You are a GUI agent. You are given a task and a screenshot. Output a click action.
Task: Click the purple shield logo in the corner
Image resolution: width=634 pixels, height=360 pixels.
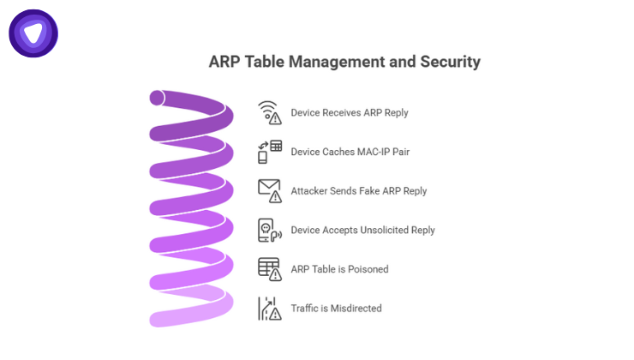coord(33,33)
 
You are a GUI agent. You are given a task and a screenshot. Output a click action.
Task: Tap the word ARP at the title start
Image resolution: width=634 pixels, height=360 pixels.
coord(225,62)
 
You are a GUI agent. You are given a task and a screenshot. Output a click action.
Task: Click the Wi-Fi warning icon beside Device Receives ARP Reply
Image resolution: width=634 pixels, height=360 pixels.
coord(270,112)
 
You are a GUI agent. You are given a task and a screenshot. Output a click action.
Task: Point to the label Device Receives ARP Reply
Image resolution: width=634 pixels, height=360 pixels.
coord(350,112)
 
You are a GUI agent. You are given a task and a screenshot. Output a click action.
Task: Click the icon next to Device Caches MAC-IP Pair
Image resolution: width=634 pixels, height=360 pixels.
coord(270,152)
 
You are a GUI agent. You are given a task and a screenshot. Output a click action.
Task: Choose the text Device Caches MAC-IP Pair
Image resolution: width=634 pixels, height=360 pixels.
coord(350,152)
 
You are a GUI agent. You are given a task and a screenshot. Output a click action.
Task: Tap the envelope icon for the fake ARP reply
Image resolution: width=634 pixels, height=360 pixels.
coord(270,190)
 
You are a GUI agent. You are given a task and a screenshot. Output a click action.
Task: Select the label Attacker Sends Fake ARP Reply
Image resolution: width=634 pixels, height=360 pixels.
coord(359,190)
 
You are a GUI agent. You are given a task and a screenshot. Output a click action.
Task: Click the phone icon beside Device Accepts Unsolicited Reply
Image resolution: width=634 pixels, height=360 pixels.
coord(270,230)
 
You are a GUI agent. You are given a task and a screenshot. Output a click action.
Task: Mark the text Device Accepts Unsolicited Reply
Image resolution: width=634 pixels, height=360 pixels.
coord(363,230)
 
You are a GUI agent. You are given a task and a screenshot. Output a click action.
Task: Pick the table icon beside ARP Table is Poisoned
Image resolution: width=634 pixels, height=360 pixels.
coord(270,268)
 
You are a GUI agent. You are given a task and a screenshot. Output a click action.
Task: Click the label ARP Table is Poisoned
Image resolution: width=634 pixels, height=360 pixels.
coord(340,269)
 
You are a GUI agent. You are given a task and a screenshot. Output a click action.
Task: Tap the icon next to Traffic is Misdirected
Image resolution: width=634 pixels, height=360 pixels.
coord(270,308)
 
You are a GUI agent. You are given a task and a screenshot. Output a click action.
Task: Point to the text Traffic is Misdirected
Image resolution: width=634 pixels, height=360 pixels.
coord(337,308)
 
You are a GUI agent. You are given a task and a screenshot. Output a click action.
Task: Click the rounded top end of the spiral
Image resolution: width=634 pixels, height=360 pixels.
coord(159,98)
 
